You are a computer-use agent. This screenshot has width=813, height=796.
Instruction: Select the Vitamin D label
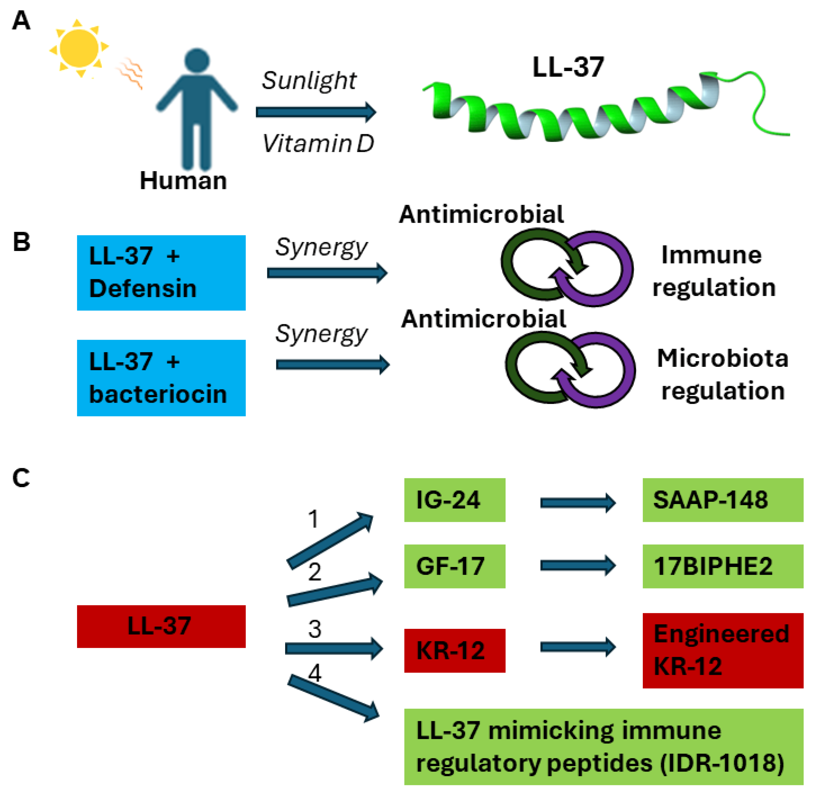coord(318,144)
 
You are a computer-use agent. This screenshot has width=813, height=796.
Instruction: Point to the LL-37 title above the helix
coord(568,67)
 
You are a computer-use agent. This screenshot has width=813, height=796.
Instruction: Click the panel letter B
coord(21,242)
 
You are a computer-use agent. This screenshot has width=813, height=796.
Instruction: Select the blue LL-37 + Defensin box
coord(161,272)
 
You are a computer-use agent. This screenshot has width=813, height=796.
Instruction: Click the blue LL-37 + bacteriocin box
coord(161,378)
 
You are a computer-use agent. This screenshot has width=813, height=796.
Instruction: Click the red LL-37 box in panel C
coord(161,626)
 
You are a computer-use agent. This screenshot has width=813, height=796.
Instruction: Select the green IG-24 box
coord(454,500)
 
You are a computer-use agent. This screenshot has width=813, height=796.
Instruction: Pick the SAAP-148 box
coord(722,500)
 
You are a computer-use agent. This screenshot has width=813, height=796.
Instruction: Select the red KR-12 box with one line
coord(454,650)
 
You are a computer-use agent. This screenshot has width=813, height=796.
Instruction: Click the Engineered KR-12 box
coord(722,650)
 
